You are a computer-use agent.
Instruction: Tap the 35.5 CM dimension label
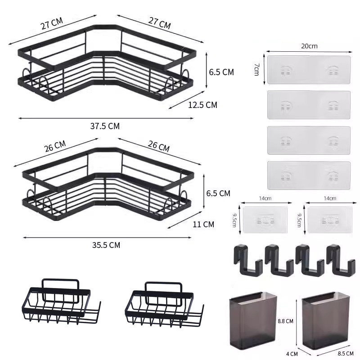106,245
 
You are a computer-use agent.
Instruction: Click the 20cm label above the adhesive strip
310,46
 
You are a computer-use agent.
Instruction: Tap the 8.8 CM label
285,321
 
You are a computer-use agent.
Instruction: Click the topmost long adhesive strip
308,69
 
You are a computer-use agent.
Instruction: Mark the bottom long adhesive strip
308,175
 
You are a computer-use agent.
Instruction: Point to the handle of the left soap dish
60,284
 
